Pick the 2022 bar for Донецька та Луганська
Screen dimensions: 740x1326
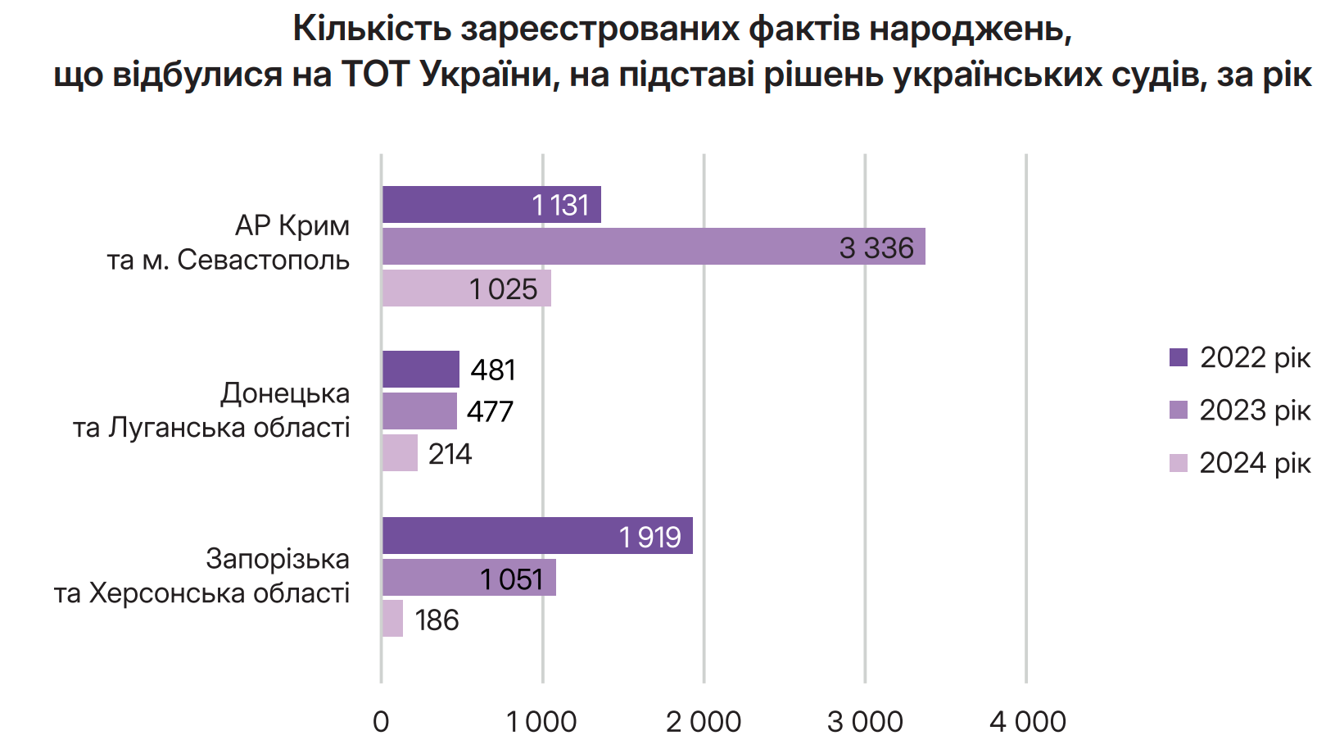[421, 369]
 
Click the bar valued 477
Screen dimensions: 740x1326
[419, 411]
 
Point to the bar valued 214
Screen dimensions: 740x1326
[400, 453]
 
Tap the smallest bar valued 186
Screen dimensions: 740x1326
[392, 619]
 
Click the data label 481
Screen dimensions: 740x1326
[493, 370]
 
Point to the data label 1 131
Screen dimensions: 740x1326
[560, 205]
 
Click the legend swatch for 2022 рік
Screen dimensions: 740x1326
[1179, 357]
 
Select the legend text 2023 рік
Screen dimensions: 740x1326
[1255, 410]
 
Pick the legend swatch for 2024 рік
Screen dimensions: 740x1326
[1179, 463]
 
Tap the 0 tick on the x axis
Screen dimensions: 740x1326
[381, 722]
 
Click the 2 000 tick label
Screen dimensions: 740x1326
[704, 722]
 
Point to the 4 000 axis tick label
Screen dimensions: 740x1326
[1027, 722]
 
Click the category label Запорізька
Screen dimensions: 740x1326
[278, 559]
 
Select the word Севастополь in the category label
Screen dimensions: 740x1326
[264, 260]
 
